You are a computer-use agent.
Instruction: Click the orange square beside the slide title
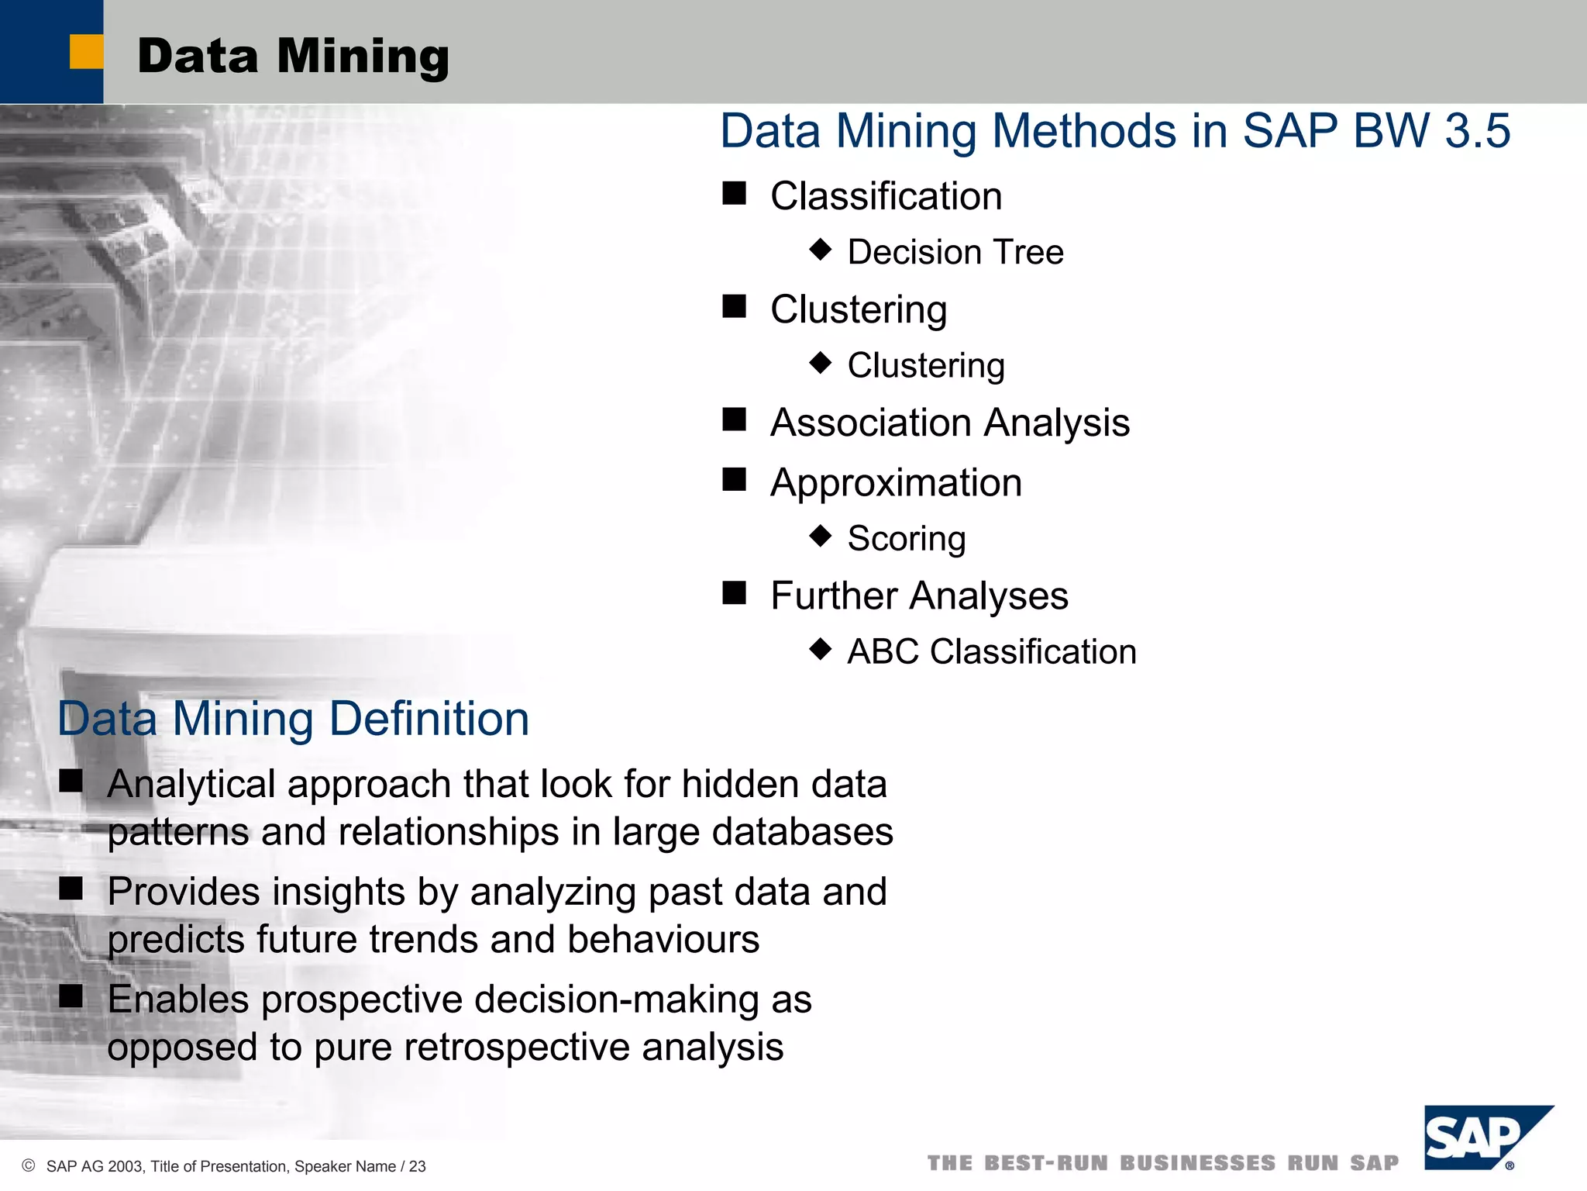tap(86, 52)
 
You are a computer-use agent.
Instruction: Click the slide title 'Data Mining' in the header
tap(293, 57)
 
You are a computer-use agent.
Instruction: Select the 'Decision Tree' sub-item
tap(955, 252)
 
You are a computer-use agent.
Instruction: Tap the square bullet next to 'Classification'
tap(734, 193)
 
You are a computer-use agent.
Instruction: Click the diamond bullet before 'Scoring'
tap(820, 536)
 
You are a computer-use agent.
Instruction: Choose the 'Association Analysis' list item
tap(949, 423)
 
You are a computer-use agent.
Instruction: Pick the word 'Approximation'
tap(896, 482)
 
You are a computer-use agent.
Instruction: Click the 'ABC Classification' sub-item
tap(991, 651)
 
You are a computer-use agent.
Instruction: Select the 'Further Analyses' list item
tap(919, 595)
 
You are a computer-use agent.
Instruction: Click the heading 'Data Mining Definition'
tap(293, 718)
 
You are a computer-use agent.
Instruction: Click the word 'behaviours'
tap(663, 939)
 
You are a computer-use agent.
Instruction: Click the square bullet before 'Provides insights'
tap(71, 889)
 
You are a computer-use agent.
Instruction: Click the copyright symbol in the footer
tap(29, 1165)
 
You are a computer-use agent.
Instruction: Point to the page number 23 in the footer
tap(418, 1166)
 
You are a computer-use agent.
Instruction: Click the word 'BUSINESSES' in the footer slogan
tap(1197, 1163)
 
